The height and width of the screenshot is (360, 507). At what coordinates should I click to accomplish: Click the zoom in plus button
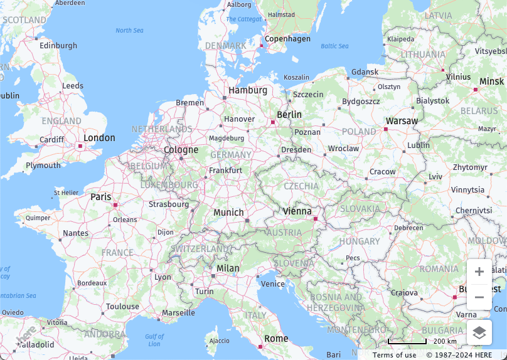479,272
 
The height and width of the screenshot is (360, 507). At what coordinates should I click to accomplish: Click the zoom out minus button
479,297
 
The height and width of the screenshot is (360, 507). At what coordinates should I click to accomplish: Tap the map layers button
479,333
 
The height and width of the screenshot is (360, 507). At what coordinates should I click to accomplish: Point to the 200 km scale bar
407,342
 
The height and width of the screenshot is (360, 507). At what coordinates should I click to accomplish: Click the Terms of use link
394,355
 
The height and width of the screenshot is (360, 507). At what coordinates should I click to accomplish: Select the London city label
99,138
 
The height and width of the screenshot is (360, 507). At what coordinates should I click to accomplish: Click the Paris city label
100,197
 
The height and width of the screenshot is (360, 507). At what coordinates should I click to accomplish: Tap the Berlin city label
289,115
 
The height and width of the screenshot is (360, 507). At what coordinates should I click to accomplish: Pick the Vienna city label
297,211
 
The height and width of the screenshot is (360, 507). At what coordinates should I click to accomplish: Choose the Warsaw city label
402,121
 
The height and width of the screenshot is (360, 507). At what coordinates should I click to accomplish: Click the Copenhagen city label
287,39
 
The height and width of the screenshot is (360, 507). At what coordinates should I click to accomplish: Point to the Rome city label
276,339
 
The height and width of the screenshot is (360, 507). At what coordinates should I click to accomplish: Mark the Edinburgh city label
58,46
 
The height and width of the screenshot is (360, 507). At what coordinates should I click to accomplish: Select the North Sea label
129,31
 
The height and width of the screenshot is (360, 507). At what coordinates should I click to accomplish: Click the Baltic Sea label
334,46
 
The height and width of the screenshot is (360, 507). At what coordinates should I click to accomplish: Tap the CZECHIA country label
301,186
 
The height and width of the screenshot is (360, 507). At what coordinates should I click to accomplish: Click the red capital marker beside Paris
115,204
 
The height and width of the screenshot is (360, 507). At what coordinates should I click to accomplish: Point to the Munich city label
228,213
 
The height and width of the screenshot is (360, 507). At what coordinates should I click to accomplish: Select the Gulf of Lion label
154,341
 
